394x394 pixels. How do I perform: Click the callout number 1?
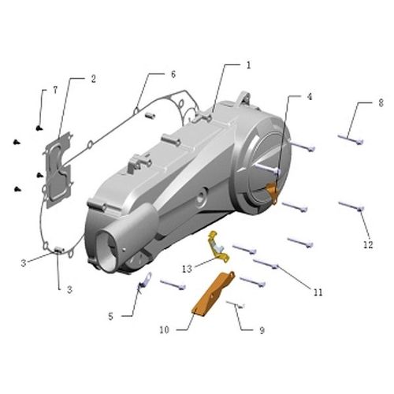pyautogui.click(x=249, y=65)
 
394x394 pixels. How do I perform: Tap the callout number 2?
pyautogui.click(x=94, y=79)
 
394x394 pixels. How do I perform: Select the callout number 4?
pyautogui.click(x=310, y=97)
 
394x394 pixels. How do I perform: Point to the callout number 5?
pyautogui.click(x=111, y=316)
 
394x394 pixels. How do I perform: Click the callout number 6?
pyautogui.click(x=173, y=74)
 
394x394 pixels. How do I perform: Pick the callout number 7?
pyautogui.click(x=55, y=90)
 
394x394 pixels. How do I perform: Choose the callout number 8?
pyautogui.click(x=381, y=102)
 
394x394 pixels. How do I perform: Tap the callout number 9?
pyautogui.click(x=262, y=330)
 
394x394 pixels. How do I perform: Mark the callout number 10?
pyautogui.click(x=165, y=329)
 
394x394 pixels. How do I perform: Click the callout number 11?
pyautogui.click(x=318, y=292)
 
